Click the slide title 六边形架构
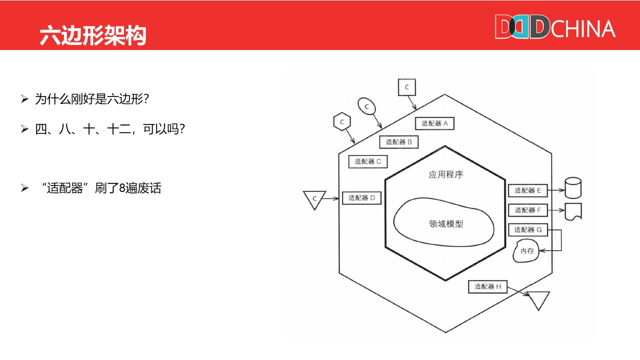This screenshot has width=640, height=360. pyautogui.click(x=93, y=35)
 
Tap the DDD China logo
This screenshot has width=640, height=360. pyautogui.click(x=554, y=27)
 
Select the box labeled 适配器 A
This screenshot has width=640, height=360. pyautogui.click(x=434, y=123)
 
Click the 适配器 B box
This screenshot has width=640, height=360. pyautogui.click(x=398, y=142)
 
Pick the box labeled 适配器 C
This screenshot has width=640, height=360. pyautogui.click(x=368, y=161)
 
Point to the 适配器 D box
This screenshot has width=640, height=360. pyautogui.click(x=361, y=198)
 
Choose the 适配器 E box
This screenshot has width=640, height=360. pyautogui.click(x=528, y=190)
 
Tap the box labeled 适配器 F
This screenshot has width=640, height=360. pyautogui.click(x=528, y=210)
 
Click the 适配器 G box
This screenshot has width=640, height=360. pyautogui.click(x=528, y=229)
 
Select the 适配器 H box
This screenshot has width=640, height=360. pyautogui.click(x=487, y=287)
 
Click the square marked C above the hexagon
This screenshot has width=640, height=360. pyautogui.click(x=406, y=87)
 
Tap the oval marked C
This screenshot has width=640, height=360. pyautogui.click(x=366, y=106)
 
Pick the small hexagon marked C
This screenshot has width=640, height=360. pyautogui.click(x=342, y=121)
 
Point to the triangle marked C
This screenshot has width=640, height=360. pyautogui.click(x=314, y=199)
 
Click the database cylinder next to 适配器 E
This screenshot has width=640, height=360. pyautogui.click(x=572, y=188)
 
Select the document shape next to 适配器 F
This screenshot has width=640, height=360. pyautogui.click(x=573, y=211)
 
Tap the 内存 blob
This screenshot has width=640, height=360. pyautogui.click(x=527, y=251)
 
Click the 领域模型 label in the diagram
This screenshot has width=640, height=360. pyautogui.click(x=446, y=224)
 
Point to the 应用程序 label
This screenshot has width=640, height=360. pyautogui.click(x=446, y=175)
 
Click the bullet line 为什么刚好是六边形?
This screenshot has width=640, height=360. pyautogui.click(x=92, y=99)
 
